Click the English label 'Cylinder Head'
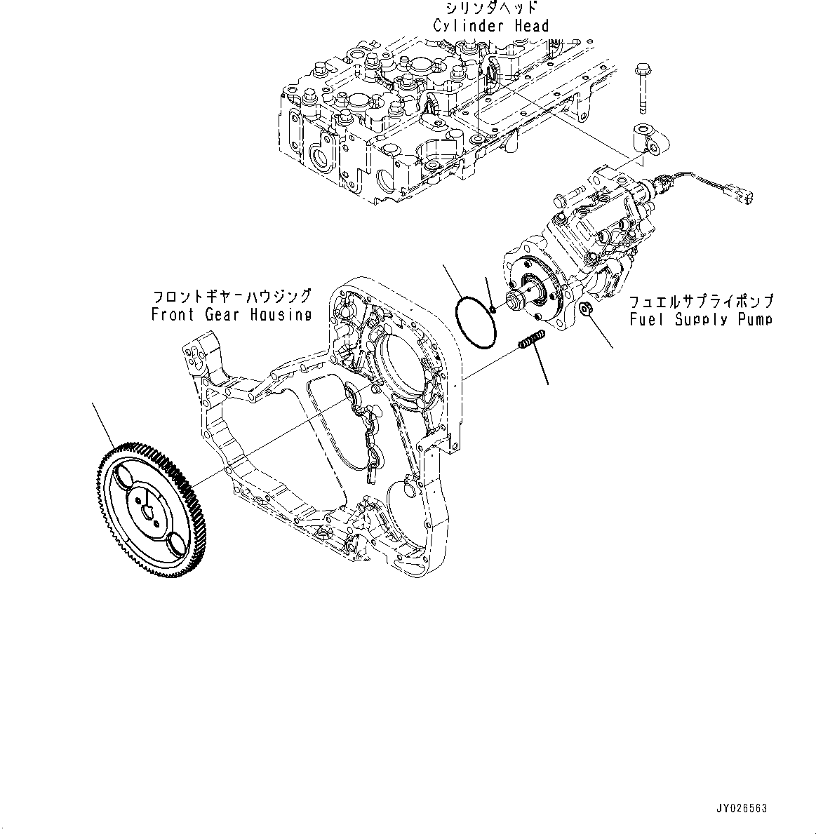[490, 27]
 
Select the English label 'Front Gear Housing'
[231, 315]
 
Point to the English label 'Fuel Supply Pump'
[700, 320]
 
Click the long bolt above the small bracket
[643, 87]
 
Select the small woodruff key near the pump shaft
[494, 306]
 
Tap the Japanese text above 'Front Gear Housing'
[231, 297]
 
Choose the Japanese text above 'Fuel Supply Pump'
[700, 302]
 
